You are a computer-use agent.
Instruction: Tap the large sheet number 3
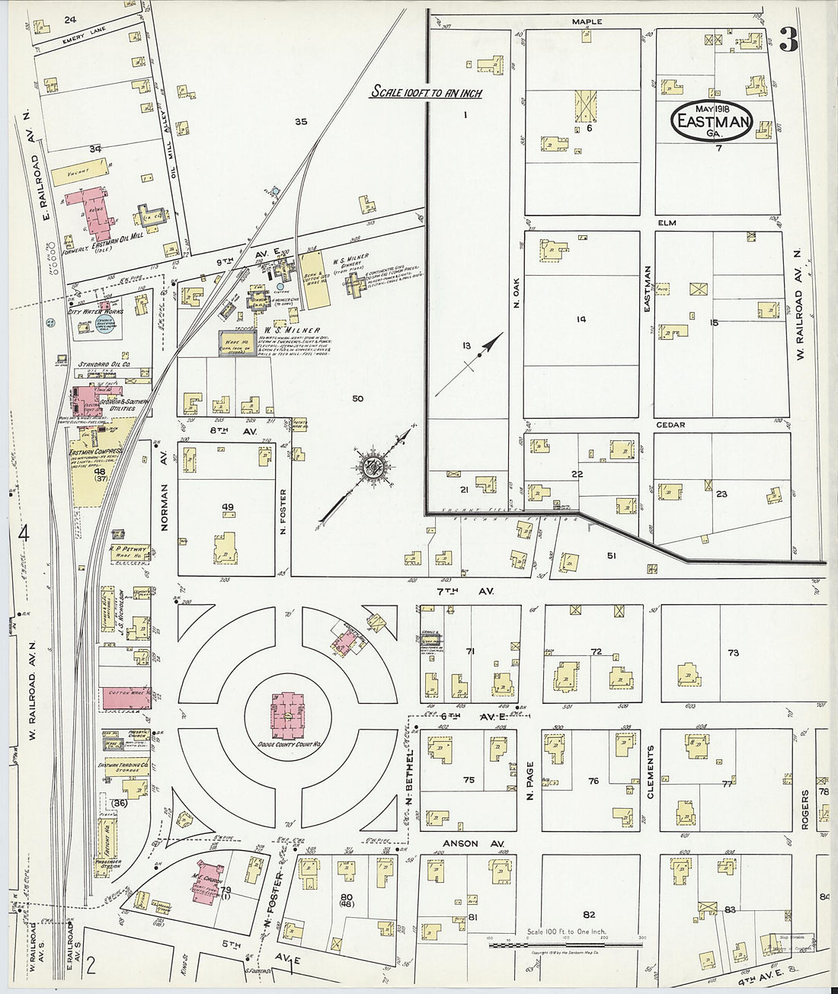pos(788,40)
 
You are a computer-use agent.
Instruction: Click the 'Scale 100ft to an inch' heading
pos(426,92)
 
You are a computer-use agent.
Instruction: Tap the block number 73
pos(733,653)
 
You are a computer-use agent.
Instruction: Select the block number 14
pos(581,319)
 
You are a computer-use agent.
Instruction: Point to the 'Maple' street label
pos(587,22)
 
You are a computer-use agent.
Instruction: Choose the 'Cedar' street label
pos(670,425)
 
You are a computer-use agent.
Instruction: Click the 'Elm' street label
pos(667,223)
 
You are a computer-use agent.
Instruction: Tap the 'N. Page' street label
pos(529,780)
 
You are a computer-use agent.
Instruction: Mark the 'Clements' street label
pos(651,772)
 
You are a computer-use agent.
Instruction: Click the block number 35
pos(301,121)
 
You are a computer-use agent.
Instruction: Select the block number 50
pos(357,398)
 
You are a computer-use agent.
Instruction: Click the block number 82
pos(588,914)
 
